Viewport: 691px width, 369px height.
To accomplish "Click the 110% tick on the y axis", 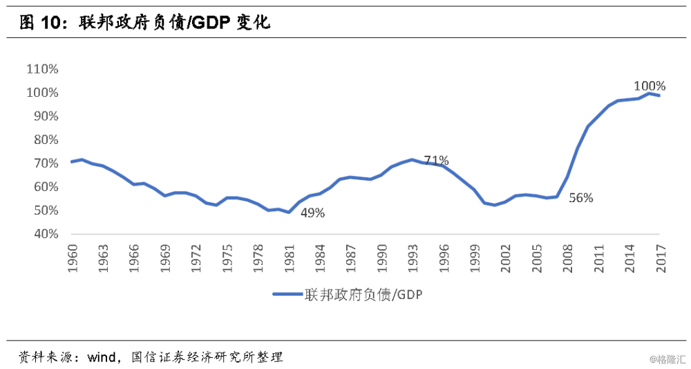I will pyautogui.click(x=43, y=69).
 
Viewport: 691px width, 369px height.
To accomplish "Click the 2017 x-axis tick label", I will pyautogui.click(x=660, y=258).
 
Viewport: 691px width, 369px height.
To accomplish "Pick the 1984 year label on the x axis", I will pyautogui.click(x=319, y=258).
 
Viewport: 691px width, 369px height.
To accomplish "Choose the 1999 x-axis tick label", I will pyautogui.click(x=474, y=258).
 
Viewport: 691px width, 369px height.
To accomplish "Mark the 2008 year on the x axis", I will pyautogui.click(x=567, y=258).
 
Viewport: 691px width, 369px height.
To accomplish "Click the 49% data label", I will pyautogui.click(x=312, y=213).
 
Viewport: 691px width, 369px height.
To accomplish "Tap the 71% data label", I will pyautogui.click(x=436, y=161).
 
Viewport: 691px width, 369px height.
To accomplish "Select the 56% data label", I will pyautogui.click(x=580, y=198).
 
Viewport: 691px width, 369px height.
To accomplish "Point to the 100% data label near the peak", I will pyautogui.click(x=649, y=87).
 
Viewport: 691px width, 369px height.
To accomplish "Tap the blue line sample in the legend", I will pyautogui.click(x=286, y=294).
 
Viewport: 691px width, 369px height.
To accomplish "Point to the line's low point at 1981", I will pyautogui.click(x=288, y=212).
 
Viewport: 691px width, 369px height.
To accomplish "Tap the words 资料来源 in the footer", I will pyautogui.click(x=41, y=358).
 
